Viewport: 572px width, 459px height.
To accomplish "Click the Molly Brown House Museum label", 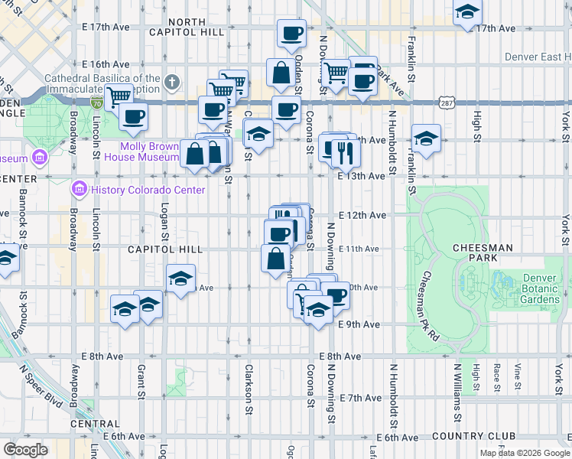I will (149, 151).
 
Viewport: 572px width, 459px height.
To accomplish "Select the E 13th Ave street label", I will (361, 176).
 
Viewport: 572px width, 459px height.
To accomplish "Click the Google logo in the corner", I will (26, 449).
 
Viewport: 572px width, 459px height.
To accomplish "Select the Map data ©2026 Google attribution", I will (524, 453).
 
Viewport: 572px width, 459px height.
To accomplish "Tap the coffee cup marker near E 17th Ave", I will (291, 33).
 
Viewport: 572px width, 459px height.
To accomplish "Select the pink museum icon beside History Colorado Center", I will (80, 189).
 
